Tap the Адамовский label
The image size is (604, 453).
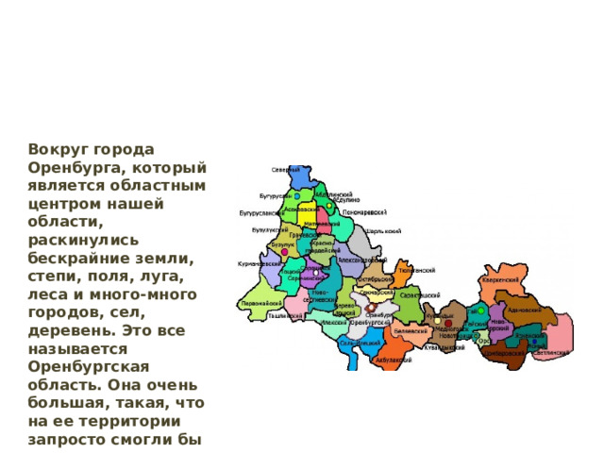click(525, 309)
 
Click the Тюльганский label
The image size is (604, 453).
click(416, 270)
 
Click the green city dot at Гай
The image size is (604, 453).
click(482, 310)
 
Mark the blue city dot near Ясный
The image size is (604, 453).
click(534, 341)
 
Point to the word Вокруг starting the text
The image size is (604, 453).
click(58, 148)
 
